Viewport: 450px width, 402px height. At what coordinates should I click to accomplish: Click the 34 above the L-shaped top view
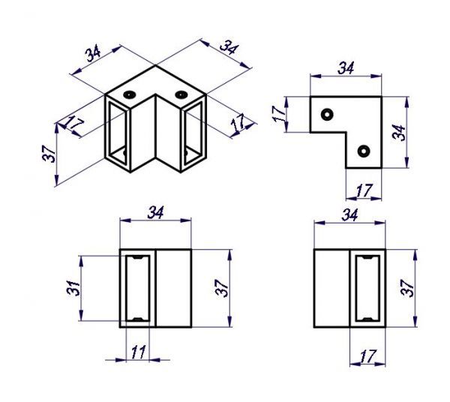click(345, 67)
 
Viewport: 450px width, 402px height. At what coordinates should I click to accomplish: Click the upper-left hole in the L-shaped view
click(327, 114)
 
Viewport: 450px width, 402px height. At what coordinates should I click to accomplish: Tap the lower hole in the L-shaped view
click(364, 151)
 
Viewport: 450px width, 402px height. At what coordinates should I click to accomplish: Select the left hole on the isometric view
click(129, 95)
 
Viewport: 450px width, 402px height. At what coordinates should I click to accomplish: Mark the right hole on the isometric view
click(181, 95)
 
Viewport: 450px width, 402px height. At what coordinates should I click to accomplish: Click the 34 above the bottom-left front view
click(156, 211)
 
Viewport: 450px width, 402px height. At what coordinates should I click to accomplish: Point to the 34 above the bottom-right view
click(349, 214)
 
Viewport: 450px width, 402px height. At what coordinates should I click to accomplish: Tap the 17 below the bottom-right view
click(368, 354)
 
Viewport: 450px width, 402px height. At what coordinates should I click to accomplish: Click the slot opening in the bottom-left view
click(137, 289)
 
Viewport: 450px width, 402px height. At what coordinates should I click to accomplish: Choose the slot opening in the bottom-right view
click(367, 289)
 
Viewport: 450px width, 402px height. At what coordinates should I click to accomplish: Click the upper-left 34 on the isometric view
click(93, 54)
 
